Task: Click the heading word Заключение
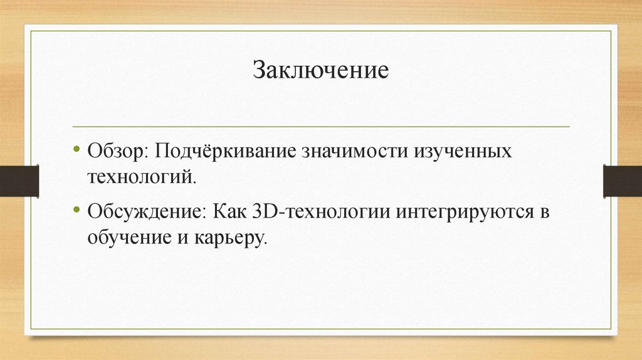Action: [321, 70]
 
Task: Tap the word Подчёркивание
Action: [228, 153]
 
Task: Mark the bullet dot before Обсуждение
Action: [76, 211]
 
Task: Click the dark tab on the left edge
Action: [19, 180]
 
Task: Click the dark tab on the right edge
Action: [622, 180]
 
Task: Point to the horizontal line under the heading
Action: [321, 127]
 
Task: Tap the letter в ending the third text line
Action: [544, 212]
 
